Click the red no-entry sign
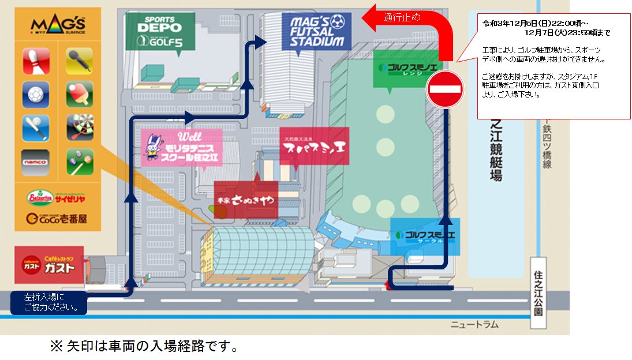[x=444, y=89]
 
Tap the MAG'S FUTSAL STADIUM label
[x=317, y=31]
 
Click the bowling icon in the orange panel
[x=36, y=61]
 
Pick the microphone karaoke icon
[x=79, y=61]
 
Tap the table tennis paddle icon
[x=79, y=93]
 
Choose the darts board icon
[x=79, y=126]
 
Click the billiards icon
[x=79, y=161]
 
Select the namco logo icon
[x=36, y=162]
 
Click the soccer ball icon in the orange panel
[x=36, y=94]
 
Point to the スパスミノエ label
[x=315, y=146]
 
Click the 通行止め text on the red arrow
[x=403, y=17]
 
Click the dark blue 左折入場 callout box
[x=48, y=302]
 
